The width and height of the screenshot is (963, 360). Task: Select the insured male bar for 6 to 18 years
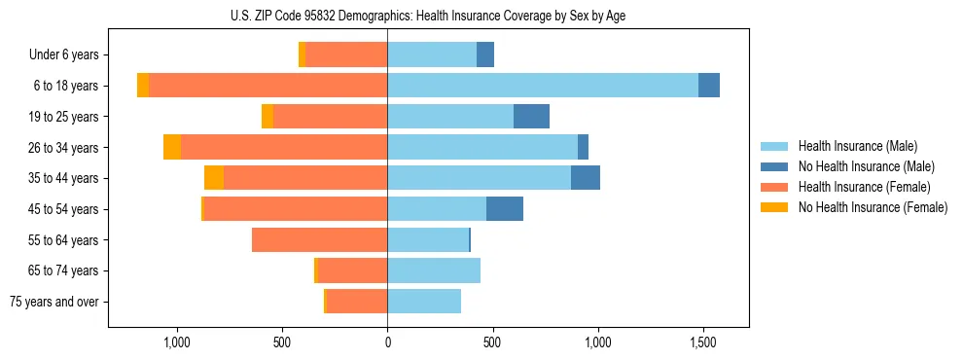[x=910, y=86]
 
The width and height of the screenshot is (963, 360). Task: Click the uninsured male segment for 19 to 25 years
[x=531, y=117]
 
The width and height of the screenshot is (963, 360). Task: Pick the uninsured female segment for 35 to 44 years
[x=213, y=178]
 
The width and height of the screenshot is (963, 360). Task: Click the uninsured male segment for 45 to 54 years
[x=505, y=209]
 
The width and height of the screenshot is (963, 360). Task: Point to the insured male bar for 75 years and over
[x=424, y=302]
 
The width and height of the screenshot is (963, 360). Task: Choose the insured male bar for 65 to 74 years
[x=434, y=270]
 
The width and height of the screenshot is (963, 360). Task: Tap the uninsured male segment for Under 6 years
[x=485, y=54]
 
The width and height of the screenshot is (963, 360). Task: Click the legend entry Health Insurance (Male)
[x=857, y=146]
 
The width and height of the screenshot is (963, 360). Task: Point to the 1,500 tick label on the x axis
[x=702, y=342]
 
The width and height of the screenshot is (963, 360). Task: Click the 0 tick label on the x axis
[x=387, y=342]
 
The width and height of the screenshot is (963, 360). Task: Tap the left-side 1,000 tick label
[x=177, y=342]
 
